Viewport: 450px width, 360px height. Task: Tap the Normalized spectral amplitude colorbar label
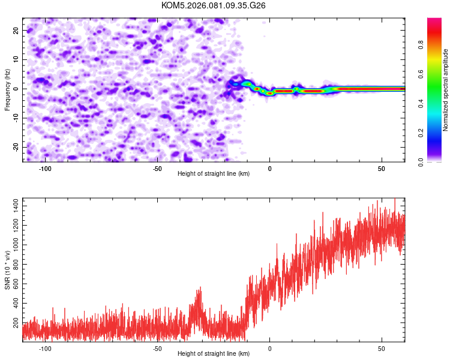[x=446, y=90]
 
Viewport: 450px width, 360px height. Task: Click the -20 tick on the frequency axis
[x=16, y=147]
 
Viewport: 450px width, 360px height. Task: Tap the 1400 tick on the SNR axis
[x=13, y=206]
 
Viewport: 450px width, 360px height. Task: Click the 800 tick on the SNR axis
[x=15, y=265]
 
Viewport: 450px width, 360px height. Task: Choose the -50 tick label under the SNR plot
[x=157, y=349]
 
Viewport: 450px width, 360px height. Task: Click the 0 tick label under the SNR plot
[x=270, y=349]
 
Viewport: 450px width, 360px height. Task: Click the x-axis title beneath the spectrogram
[x=214, y=174]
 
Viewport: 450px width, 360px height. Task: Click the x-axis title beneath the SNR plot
[x=214, y=354]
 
